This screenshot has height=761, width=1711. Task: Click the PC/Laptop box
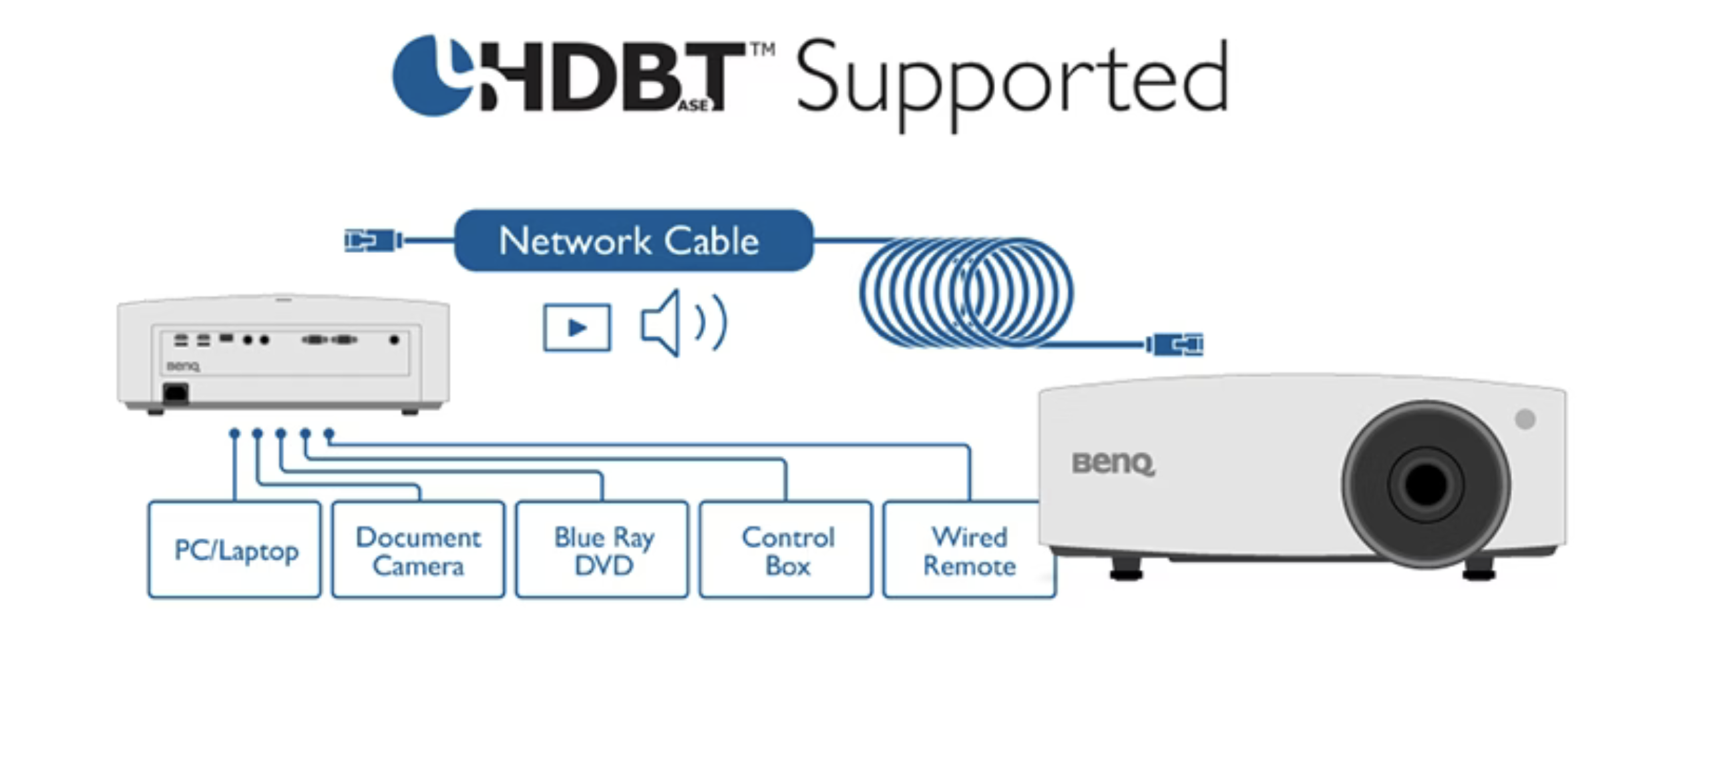234,549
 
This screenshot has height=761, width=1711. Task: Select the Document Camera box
418,549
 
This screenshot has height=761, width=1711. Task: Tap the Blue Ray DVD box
602,549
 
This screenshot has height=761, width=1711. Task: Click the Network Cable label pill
633,240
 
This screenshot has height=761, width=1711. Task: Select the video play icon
576,327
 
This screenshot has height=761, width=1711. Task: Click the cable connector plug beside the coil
1175,344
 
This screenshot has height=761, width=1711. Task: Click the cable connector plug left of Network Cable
372,240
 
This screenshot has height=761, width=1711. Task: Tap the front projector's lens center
1425,484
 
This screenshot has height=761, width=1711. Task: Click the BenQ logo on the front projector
1113,463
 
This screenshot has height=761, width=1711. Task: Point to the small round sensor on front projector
1525,419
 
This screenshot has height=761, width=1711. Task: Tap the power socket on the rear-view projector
176,393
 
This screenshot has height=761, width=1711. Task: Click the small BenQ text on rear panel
182,366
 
